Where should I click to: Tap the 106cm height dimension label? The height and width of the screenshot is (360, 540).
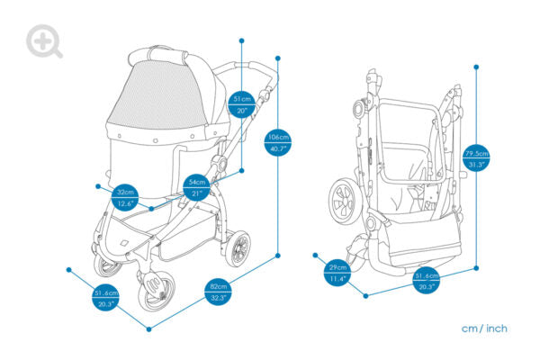click(277, 142)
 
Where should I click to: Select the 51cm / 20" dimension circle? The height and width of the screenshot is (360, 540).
click(241, 103)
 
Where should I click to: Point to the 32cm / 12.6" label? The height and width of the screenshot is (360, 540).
click(125, 197)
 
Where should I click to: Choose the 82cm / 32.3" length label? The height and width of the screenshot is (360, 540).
click(217, 292)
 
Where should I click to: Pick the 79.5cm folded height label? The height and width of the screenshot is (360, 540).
click(476, 158)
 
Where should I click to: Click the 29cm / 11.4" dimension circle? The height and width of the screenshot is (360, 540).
click(337, 274)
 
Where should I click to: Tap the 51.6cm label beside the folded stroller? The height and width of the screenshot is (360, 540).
click(426, 281)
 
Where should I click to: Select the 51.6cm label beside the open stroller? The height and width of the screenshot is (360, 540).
click(105, 298)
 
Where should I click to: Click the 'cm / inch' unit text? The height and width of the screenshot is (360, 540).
click(484, 328)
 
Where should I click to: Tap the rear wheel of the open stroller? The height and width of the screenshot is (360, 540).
click(238, 248)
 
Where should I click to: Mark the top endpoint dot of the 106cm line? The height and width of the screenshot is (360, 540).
click(277, 58)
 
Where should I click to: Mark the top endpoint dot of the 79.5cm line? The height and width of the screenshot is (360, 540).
click(476, 66)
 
